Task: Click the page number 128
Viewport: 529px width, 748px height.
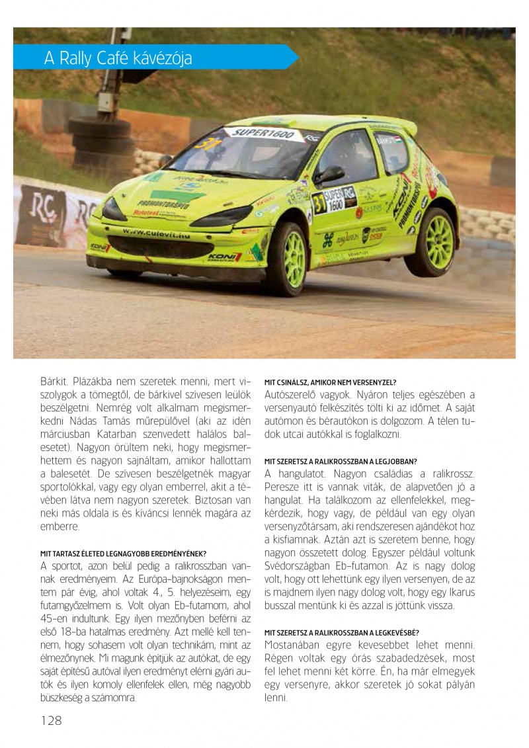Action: coord(50,720)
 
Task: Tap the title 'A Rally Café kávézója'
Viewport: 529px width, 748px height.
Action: coord(118,59)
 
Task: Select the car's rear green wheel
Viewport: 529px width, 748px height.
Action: coord(435,241)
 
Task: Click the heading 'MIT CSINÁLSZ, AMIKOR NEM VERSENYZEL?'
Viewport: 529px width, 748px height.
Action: coord(330,382)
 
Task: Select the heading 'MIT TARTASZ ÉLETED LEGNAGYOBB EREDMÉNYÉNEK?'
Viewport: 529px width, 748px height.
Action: coord(124,554)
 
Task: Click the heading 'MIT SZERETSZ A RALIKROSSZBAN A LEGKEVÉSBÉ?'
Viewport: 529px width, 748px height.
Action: coord(341,632)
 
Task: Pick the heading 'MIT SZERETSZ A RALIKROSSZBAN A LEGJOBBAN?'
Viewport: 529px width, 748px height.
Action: coord(341,461)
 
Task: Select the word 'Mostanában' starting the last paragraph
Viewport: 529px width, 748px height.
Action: coord(295,645)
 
